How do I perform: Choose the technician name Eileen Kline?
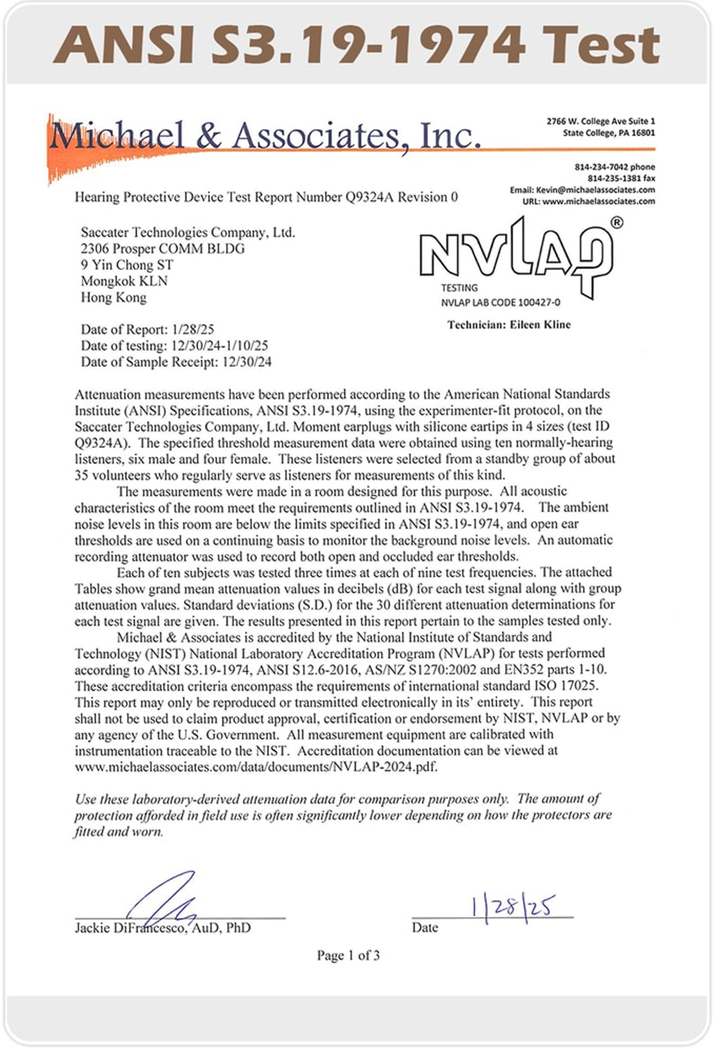point(540,325)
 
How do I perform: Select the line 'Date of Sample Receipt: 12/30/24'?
point(176,362)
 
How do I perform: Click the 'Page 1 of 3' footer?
point(348,955)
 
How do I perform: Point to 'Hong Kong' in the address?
point(113,298)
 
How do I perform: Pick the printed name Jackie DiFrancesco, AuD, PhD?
point(162,928)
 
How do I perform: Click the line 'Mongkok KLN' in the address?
point(124,281)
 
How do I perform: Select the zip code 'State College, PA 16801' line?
point(609,133)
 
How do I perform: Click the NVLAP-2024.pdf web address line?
point(256,767)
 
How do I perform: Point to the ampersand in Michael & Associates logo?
point(208,136)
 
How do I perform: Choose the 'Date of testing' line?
point(174,345)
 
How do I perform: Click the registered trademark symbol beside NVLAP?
point(617,223)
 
